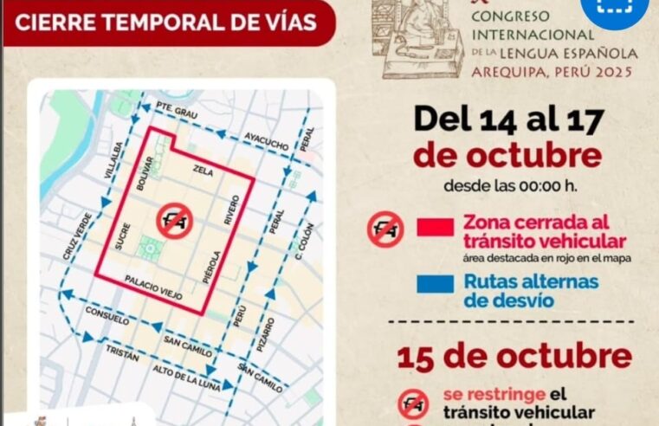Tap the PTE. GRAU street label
[178, 111]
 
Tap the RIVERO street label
[231, 210]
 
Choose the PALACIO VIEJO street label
[153, 287]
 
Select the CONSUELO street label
[106, 313]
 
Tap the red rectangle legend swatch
[435, 228]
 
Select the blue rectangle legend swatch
[435, 284]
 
